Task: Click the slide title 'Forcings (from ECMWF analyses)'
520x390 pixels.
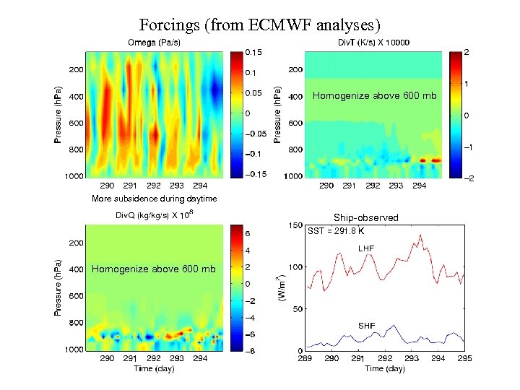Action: (260, 25)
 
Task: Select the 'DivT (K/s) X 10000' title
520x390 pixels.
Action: (373, 42)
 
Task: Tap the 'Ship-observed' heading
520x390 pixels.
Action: (365, 217)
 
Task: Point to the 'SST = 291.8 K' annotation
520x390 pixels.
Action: (337, 232)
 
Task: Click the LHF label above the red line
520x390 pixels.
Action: (366, 248)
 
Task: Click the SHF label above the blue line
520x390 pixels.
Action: (366, 326)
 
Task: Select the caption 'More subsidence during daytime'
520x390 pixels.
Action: (153, 199)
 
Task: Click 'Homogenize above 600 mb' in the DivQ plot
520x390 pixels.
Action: (154, 269)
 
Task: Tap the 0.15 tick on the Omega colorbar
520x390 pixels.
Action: (255, 53)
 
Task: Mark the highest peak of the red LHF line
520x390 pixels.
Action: (420, 235)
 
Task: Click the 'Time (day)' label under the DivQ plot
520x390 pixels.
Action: (154, 368)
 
